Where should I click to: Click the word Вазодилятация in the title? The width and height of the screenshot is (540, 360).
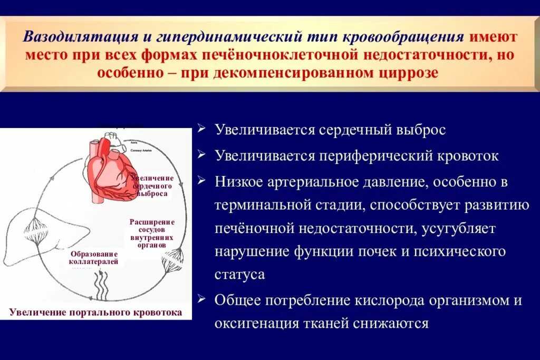pos(78,37)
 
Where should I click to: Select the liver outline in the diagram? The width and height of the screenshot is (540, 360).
pos(32,232)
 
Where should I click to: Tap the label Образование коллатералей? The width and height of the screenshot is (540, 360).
pos(93,257)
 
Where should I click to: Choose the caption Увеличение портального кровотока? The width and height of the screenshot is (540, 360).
pos(95,313)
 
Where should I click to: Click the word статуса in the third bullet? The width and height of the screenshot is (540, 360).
pos(239,275)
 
